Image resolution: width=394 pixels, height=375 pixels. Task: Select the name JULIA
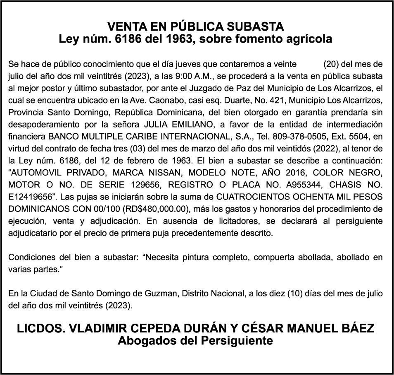point(159,124)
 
